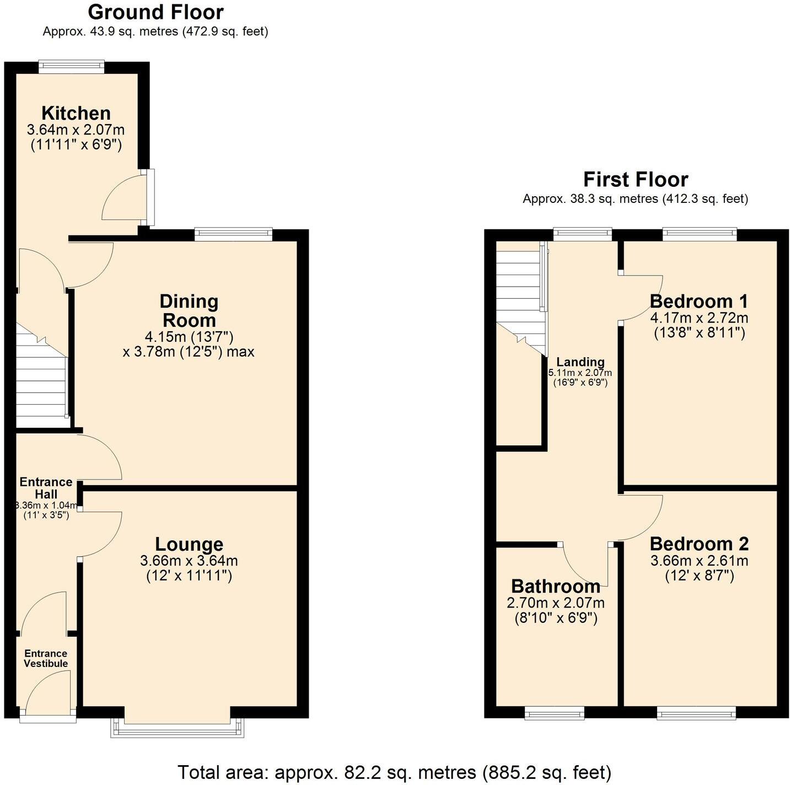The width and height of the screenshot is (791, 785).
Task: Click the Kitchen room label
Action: tap(76, 113)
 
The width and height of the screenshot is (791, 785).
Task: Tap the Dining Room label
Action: tap(189, 311)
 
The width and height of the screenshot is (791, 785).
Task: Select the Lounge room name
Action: tap(189, 544)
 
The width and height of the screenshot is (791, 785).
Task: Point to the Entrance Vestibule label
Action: tap(46, 658)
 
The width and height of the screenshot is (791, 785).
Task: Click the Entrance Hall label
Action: tap(46, 488)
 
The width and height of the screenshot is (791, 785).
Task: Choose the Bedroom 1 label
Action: tap(699, 301)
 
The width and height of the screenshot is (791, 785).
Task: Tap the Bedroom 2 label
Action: tap(699, 544)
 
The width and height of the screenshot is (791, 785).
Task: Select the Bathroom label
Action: tap(556, 585)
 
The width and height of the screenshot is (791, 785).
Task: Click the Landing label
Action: tap(580, 362)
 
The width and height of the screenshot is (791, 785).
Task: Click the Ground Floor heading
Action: tap(155, 12)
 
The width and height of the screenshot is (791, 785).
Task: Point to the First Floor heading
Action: tap(635, 180)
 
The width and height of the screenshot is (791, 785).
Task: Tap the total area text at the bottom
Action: tap(395, 772)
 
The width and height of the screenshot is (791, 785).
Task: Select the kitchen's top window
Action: tap(71, 67)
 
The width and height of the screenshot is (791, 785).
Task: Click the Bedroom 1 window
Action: tap(699, 234)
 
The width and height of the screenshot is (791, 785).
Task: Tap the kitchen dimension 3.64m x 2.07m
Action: tap(76, 130)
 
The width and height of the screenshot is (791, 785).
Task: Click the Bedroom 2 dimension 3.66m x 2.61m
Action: tap(699, 561)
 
